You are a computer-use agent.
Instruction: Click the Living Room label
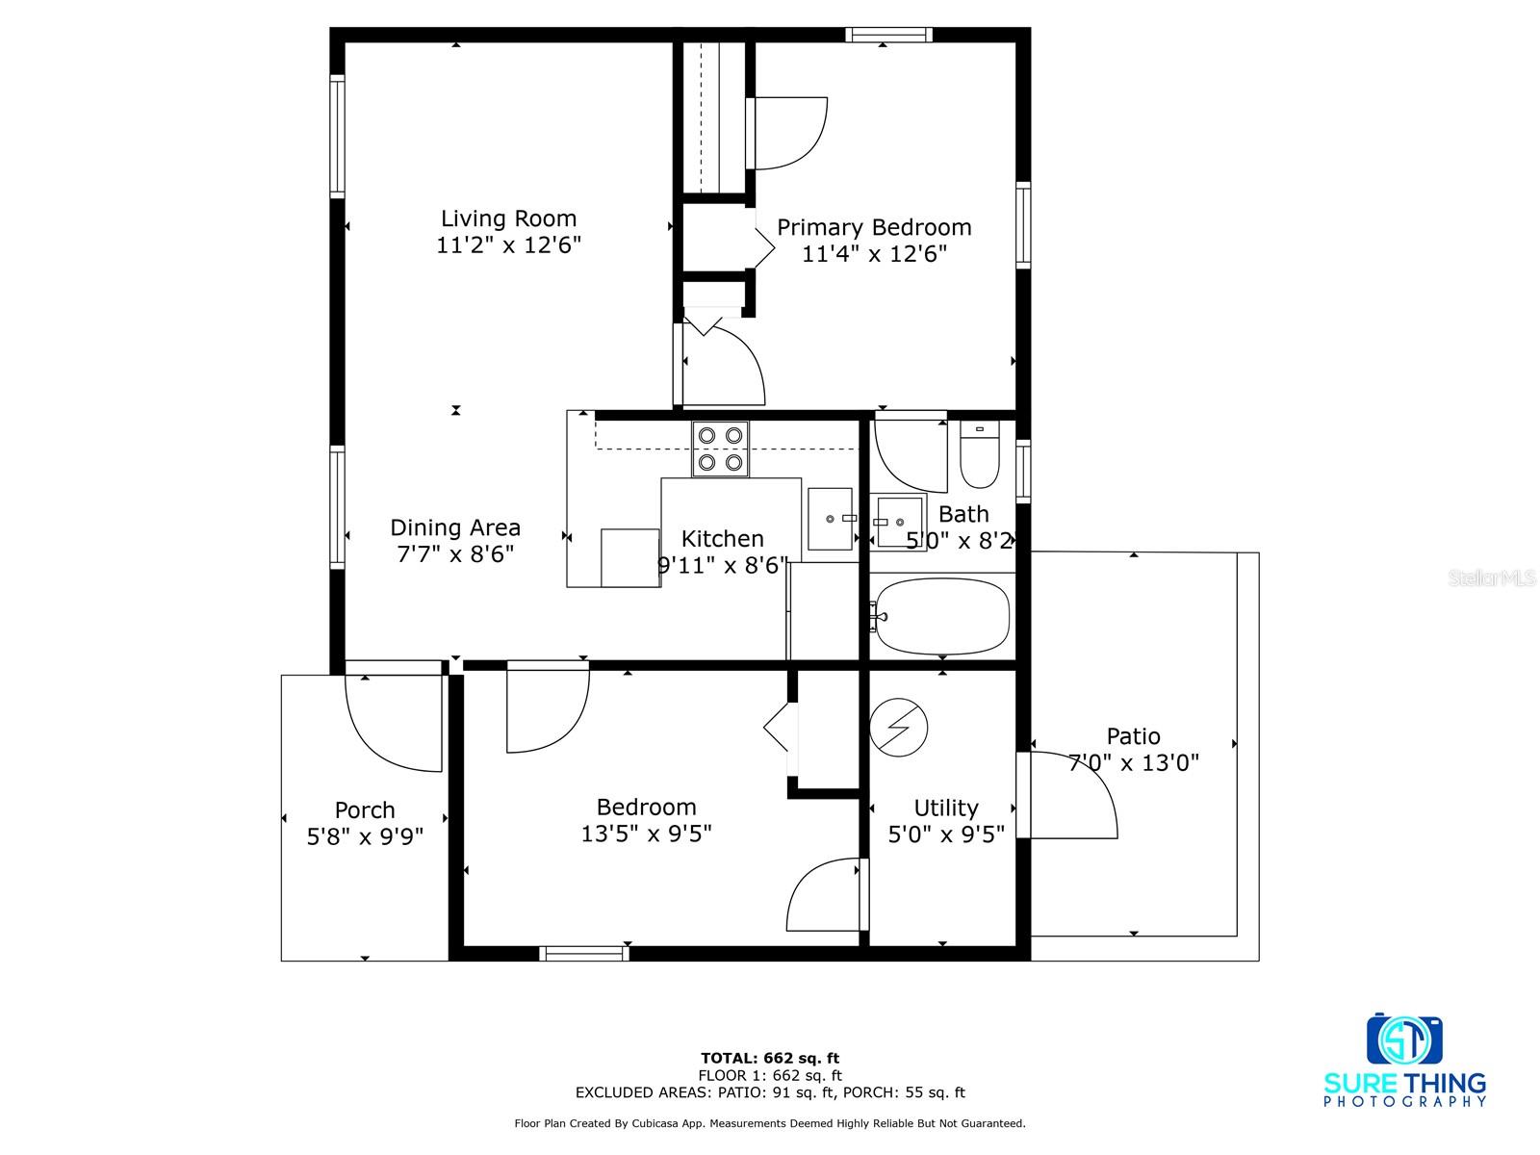coord(508,218)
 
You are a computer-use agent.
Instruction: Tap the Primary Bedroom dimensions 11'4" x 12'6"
coord(874,253)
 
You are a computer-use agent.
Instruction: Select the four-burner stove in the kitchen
coord(720,449)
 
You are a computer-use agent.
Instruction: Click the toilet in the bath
coord(979,453)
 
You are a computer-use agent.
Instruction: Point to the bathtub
coord(942,616)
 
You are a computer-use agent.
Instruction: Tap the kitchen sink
coord(831,519)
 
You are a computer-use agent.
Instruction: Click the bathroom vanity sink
coord(898,522)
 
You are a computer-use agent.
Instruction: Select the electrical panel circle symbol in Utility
coord(898,728)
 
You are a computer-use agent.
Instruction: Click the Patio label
coord(1133,735)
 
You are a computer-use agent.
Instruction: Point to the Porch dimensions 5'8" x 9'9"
coord(365,835)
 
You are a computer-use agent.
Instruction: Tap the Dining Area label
coord(454,527)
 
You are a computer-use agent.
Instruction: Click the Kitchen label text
coord(722,539)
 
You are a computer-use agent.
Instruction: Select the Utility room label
coord(946,808)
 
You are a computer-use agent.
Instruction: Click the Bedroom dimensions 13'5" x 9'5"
coord(646,834)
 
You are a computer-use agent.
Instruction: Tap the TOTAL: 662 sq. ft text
coord(770,1058)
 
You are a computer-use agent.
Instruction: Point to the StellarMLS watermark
coord(1492,577)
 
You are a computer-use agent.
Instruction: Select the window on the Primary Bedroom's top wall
coord(888,35)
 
